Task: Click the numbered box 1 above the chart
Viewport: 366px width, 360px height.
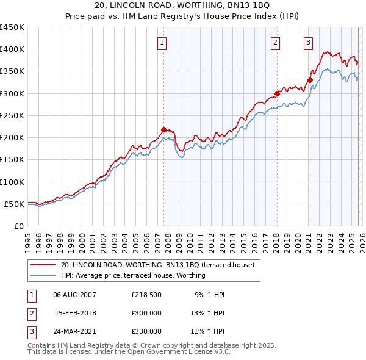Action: coord(162,42)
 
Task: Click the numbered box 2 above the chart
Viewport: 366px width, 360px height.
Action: coord(276,42)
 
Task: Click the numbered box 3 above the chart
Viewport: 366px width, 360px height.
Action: coord(309,42)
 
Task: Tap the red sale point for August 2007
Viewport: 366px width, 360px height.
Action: coord(163,129)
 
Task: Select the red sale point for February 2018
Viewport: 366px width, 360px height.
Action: coord(277,93)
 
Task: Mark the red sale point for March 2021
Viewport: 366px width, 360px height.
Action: coord(310,80)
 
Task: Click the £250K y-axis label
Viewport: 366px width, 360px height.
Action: coord(12,115)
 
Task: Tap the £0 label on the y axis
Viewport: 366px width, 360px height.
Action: coord(18,226)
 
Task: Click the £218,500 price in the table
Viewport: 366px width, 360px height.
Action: coord(146,295)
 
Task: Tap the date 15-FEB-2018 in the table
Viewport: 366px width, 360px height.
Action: coord(75,313)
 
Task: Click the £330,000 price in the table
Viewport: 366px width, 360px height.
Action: coord(146,331)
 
